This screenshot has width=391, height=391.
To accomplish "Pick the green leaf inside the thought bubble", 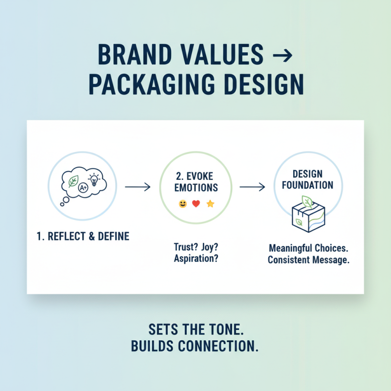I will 73,181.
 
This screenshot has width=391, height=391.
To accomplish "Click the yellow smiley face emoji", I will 183,204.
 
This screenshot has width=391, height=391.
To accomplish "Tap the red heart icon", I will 196,204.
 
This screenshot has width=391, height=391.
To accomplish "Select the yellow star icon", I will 210,204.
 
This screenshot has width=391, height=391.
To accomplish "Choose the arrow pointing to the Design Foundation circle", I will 252,187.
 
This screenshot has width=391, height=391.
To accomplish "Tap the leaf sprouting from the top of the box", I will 307,200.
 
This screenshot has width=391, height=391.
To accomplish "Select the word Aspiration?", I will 195,259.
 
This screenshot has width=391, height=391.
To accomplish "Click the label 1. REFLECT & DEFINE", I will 83,237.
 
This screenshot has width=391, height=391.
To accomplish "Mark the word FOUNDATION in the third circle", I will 308,185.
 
